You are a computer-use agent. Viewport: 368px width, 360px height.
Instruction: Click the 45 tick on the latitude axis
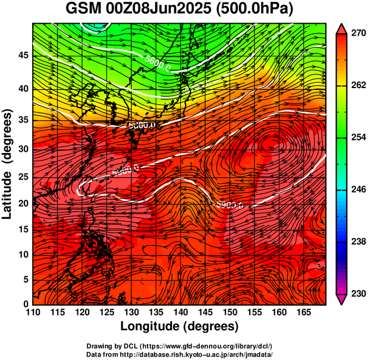[23, 55]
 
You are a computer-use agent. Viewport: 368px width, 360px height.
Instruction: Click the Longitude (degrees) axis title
[180, 327]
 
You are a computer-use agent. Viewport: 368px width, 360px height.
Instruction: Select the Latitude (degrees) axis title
[8, 164]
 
